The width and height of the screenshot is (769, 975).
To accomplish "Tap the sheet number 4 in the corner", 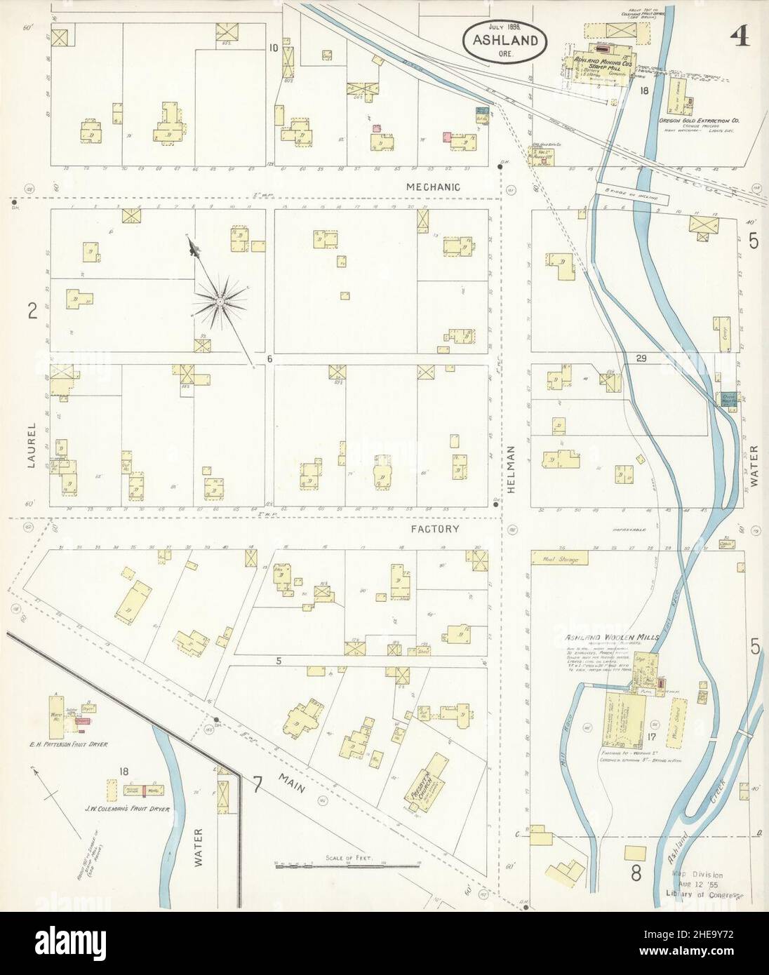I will [x=740, y=16].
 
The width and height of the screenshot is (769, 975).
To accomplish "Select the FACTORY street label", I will [x=435, y=530].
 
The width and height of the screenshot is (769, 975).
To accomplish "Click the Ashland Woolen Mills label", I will [x=612, y=638].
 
